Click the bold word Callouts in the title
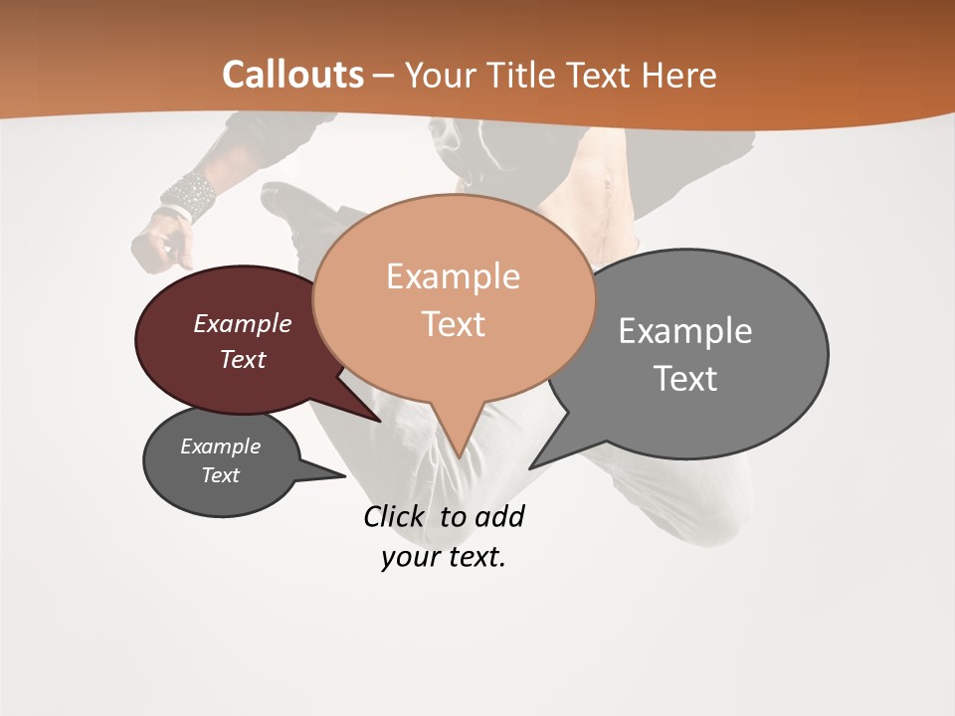(292, 75)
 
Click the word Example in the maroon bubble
(242, 323)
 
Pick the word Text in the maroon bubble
(242, 359)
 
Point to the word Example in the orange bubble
(453, 276)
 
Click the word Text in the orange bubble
(453, 324)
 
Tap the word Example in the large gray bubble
(684, 331)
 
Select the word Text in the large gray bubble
(684, 379)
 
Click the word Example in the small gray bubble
(220, 447)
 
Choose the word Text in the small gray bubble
(220, 475)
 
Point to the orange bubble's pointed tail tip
(459, 456)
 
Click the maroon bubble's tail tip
(381, 421)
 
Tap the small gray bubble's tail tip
(344, 475)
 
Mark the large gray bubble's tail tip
(530, 467)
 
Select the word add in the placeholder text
(498, 517)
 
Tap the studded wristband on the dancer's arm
(189, 194)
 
